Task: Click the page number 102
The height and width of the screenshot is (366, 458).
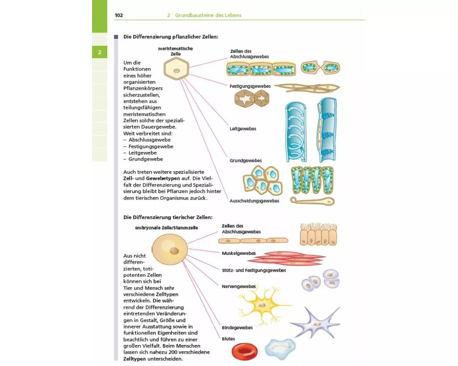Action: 119,15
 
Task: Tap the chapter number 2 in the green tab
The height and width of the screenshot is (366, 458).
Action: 99,52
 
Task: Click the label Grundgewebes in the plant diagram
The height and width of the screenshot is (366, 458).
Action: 245,161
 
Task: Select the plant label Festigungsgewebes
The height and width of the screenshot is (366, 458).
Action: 250,86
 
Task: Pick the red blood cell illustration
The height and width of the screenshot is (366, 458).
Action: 245,351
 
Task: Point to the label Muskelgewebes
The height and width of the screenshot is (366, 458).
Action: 239,253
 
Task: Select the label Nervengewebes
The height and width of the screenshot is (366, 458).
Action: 238,286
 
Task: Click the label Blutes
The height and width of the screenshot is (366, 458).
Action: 228,339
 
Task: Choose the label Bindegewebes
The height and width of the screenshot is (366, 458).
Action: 237,328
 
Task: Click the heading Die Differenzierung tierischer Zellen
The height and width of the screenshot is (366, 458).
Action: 168,217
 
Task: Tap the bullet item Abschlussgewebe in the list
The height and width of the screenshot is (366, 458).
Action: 149,140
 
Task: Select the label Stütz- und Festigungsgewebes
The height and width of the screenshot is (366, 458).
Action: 253,270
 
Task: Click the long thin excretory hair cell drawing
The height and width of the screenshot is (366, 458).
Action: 311,201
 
